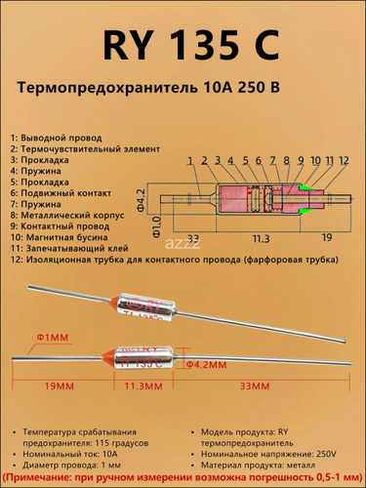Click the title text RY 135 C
191,45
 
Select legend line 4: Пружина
36,171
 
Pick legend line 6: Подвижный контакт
61,193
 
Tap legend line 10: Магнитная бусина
59,237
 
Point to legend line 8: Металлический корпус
67,216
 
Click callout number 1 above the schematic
190,160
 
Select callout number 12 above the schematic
343,160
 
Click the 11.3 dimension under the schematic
261,239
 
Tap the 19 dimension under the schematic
327,237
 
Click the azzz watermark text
183,243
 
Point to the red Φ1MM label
53,338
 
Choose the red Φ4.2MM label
206,365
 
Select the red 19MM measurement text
60,386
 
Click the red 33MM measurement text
255,386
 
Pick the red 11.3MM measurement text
143,386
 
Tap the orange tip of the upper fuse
113,300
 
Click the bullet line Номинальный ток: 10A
70,454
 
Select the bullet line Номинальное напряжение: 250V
268,454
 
